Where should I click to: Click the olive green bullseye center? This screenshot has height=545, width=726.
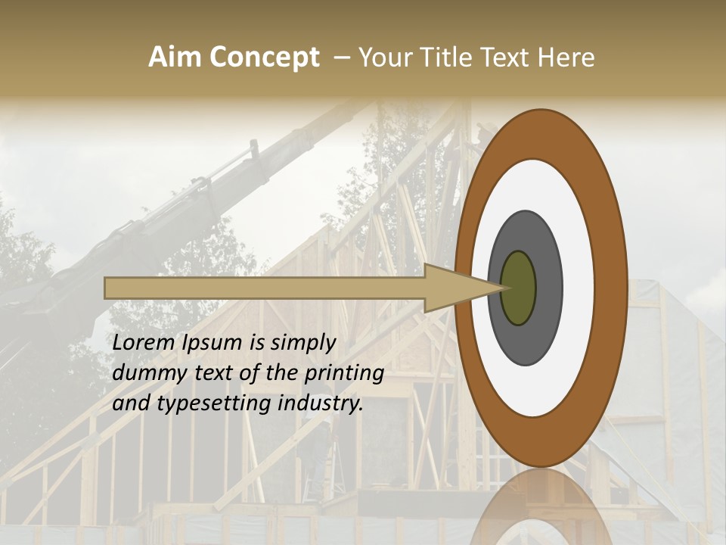[x=519, y=288]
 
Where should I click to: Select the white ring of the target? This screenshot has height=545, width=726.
[x=579, y=288]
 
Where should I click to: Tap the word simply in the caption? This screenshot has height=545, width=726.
[x=302, y=343]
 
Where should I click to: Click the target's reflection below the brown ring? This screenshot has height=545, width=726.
[x=541, y=507]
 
